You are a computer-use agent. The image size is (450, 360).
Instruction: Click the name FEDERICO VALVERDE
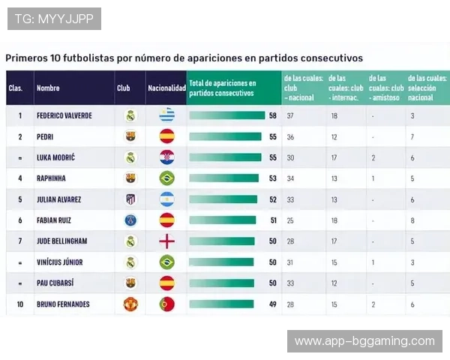click(x=64, y=116)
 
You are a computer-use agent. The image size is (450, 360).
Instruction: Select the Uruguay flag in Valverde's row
click(x=166, y=116)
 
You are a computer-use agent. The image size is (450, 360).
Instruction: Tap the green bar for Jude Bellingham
click(x=222, y=241)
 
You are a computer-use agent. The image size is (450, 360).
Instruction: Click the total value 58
click(x=273, y=116)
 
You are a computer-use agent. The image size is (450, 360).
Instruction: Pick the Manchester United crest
click(x=130, y=304)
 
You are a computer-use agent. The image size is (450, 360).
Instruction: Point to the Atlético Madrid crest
click(x=130, y=199)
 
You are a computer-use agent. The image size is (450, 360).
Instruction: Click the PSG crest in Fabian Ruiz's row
click(x=130, y=220)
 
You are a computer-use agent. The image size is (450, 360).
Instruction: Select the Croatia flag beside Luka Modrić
click(x=166, y=157)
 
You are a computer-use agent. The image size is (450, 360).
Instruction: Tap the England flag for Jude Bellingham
click(x=166, y=241)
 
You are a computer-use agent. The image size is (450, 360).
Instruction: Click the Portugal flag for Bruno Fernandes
click(x=166, y=304)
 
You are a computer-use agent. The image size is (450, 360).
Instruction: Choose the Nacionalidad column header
click(x=166, y=88)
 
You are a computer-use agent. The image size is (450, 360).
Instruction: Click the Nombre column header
click(x=48, y=88)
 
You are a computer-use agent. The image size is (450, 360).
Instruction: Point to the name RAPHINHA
click(x=52, y=178)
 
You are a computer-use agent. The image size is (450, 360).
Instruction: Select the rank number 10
click(x=20, y=304)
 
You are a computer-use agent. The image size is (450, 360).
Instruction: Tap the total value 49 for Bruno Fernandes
click(x=273, y=304)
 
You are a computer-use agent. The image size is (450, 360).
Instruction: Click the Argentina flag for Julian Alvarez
click(x=166, y=199)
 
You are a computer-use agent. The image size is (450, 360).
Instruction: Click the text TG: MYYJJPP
click(x=54, y=18)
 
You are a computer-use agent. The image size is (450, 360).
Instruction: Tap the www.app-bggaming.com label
click(x=364, y=341)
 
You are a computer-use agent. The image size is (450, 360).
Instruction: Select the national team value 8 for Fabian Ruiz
click(x=412, y=220)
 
